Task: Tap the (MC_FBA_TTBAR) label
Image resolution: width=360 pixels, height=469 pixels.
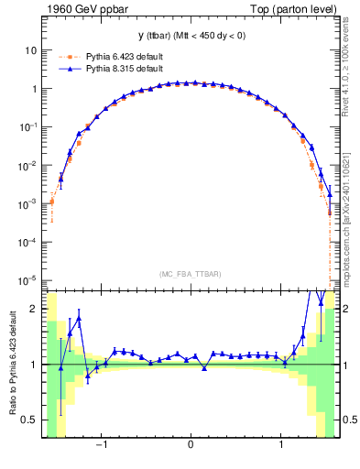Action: [x=191, y=274]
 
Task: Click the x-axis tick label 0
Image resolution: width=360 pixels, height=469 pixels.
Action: [x=191, y=447]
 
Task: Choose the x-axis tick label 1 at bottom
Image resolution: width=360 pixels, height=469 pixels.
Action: [x=278, y=447]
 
